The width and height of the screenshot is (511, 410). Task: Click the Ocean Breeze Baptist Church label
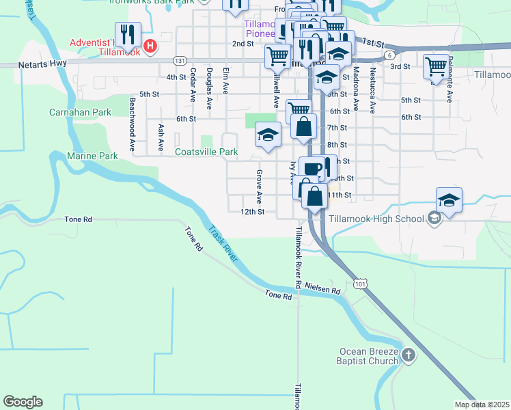(368, 356)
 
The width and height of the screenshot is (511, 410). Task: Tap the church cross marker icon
(408, 355)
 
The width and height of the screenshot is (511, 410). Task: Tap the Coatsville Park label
(206, 152)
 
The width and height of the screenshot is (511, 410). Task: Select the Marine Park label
(93, 156)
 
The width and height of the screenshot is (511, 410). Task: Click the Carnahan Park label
(80, 111)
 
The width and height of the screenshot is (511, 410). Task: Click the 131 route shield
(180, 60)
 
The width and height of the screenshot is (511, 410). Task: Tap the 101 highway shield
(361, 282)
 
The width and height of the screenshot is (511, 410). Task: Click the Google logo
(23, 402)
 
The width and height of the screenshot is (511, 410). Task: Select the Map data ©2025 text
(482, 405)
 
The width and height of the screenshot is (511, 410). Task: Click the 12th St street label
(252, 212)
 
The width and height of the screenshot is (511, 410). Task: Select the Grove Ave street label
(259, 187)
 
